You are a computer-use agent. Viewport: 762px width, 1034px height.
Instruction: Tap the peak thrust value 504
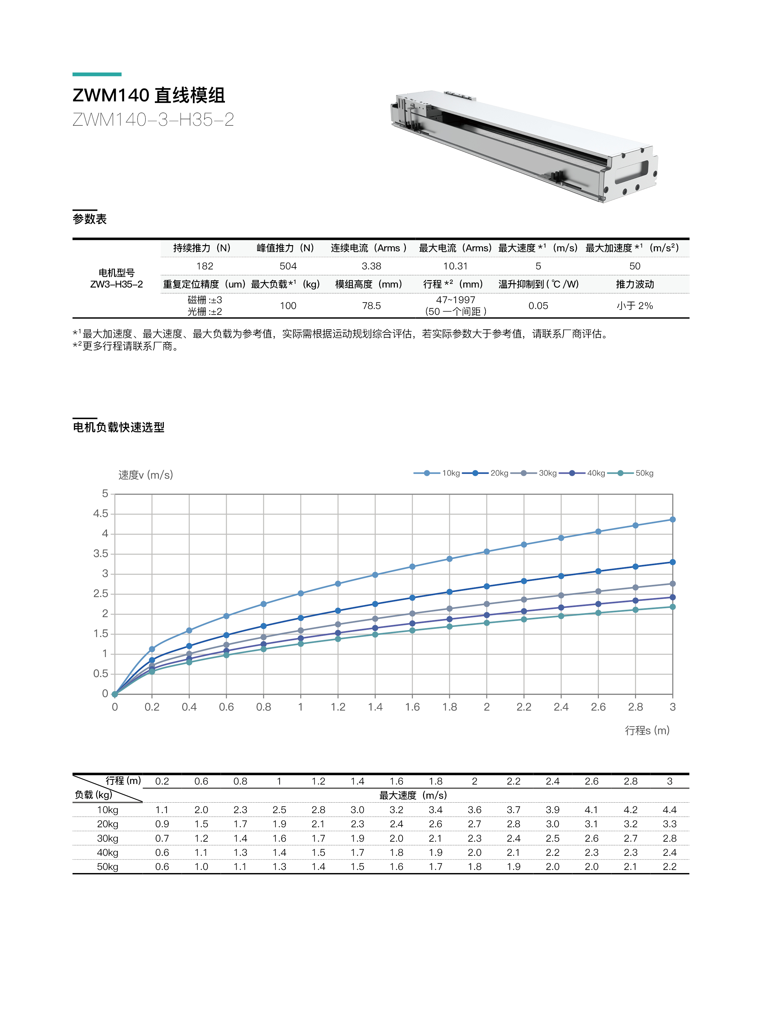tap(288, 266)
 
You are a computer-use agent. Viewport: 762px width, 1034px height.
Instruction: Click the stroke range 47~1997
tap(455, 300)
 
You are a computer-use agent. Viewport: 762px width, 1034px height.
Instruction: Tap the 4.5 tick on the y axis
tap(100, 514)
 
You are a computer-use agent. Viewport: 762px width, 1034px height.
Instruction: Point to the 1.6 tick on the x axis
tap(412, 707)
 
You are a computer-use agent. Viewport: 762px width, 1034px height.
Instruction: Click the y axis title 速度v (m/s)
tap(145, 475)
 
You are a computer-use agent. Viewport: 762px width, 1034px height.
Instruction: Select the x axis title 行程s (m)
tap(647, 730)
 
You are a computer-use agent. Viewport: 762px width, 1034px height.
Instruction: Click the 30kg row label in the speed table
tap(108, 838)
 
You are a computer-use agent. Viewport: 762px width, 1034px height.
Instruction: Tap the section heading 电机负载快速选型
tap(119, 428)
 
